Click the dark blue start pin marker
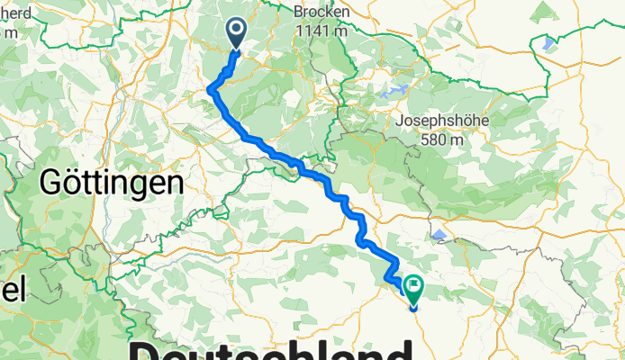pos(236,34)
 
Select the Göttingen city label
pos(113,184)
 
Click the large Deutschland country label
pos(270,349)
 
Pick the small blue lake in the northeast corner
pos(548,42)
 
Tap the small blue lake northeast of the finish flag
pos(439,235)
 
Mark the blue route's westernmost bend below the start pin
pos(211,88)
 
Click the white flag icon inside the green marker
pos(414,287)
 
